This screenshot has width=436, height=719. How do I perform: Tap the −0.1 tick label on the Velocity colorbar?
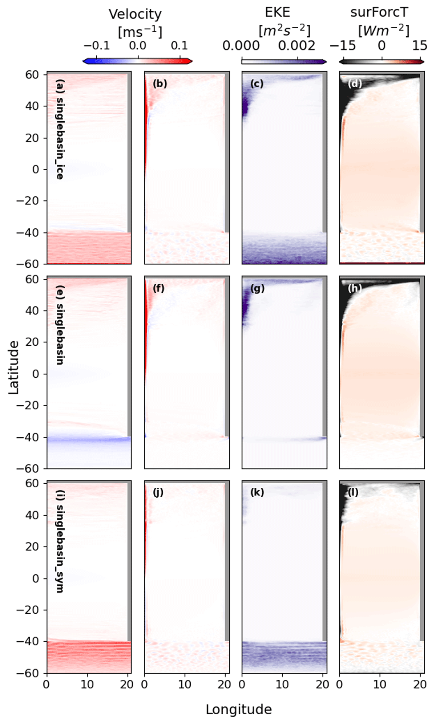click(97, 46)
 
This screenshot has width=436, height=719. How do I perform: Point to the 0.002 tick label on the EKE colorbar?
click(297, 46)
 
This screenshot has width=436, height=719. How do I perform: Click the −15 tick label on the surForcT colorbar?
click(343, 46)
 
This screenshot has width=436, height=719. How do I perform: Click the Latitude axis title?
click(13, 367)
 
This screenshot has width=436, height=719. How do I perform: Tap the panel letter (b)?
click(160, 84)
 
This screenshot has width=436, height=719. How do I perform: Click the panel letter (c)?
click(257, 84)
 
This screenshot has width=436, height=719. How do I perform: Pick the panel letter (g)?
click(258, 288)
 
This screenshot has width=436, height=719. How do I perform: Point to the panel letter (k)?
click(257, 492)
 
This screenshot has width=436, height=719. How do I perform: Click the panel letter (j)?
click(158, 492)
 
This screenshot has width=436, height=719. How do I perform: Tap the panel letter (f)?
click(159, 288)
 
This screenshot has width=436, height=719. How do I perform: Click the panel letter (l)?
click(353, 492)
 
